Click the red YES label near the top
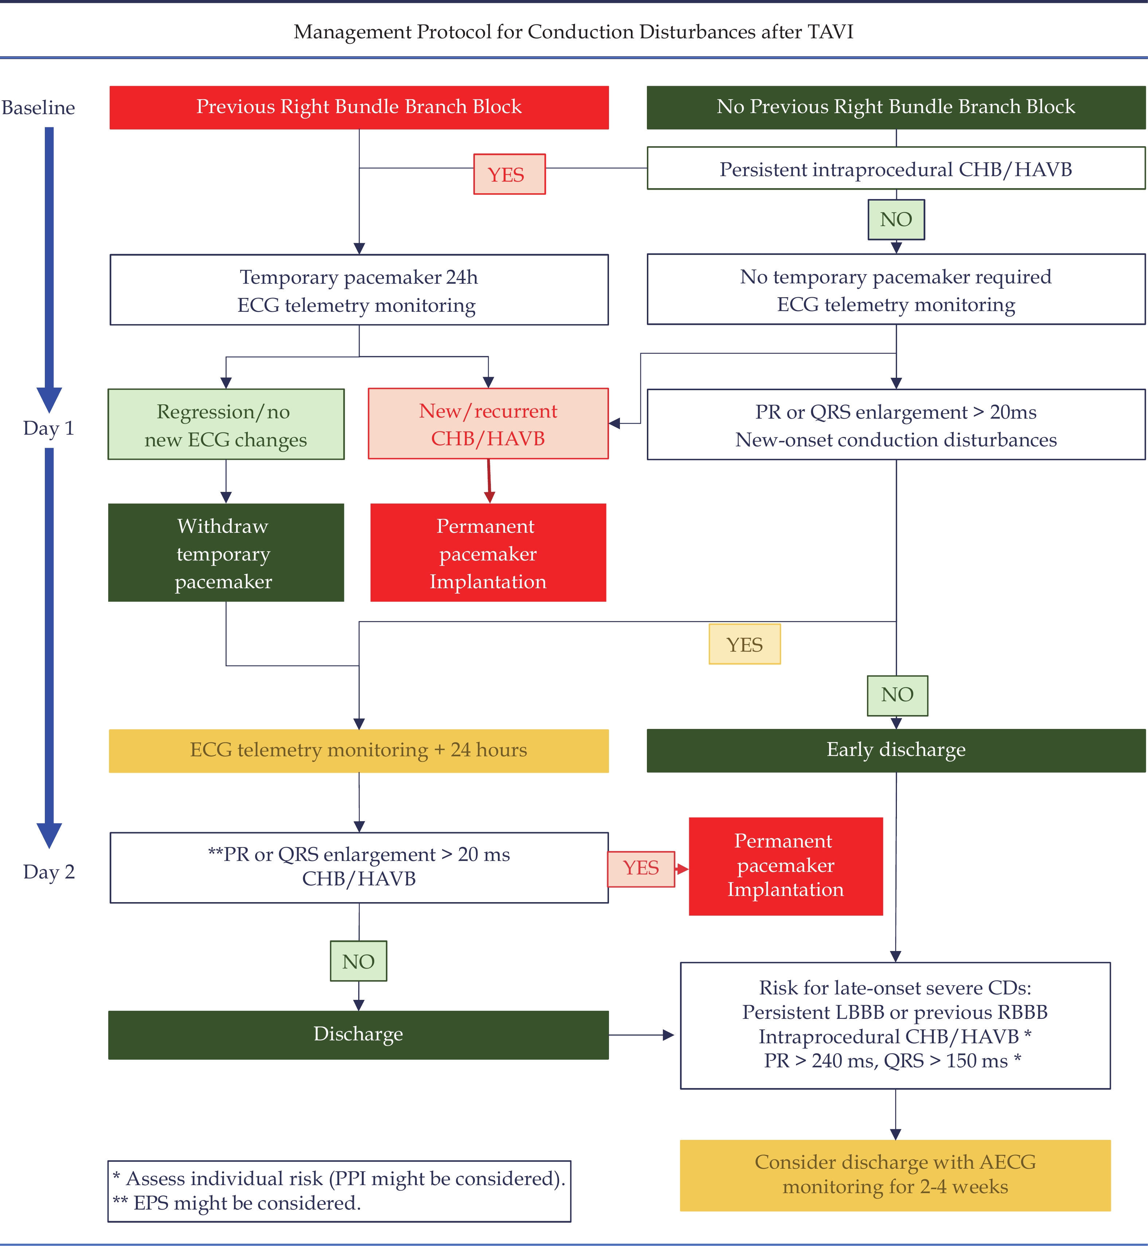(x=509, y=174)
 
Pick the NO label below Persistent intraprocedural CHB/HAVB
(x=896, y=220)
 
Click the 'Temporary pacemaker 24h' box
(x=359, y=290)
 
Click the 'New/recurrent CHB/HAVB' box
(x=488, y=424)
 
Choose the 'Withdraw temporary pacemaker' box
(x=226, y=552)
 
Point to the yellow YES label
(x=744, y=644)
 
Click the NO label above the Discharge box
(x=359, y=961)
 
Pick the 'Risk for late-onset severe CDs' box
(x=895, y=1025)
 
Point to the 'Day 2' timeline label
(x=49, y=872)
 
